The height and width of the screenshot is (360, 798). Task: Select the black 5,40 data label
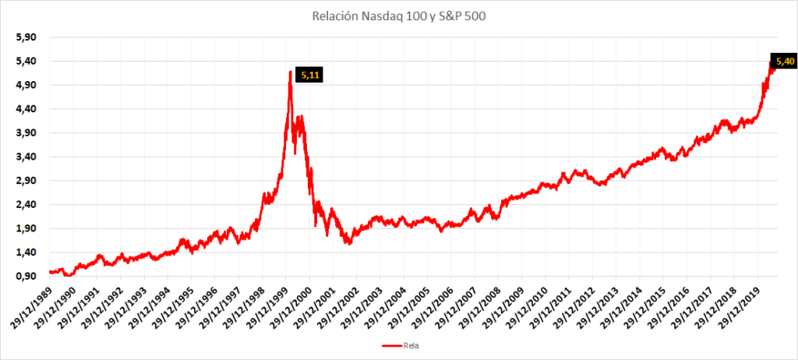(784, 62)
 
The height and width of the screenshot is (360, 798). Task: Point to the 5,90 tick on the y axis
(26, 37)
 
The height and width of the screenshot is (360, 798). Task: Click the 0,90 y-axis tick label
(26, 276)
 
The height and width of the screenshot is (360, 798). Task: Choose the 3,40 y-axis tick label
(26, 157)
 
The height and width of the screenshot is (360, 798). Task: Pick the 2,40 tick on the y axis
(26, 205)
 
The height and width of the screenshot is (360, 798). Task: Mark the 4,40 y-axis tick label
(26, 109)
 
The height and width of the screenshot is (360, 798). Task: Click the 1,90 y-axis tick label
(26, 228)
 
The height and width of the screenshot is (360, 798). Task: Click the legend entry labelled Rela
(400, 346)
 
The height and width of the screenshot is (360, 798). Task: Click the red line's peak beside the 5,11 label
(290, 72)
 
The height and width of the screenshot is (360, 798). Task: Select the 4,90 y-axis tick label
(26, 85)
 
